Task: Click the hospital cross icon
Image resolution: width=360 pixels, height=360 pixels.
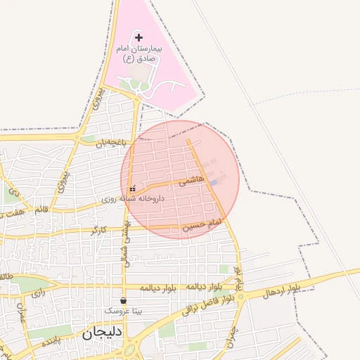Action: pyautogui.click(x=139, y=37)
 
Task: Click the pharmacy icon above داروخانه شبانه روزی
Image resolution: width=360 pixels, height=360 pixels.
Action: pyautogui.click(x=134, y=188)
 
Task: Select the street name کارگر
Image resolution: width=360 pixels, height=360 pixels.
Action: pyautogui.click(x=98, y=230)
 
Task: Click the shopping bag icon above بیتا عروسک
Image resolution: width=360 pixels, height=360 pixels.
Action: pyautogui.click(x=123, y=300)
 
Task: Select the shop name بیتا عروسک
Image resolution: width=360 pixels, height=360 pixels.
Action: pyautogui.click(x=123, y=310)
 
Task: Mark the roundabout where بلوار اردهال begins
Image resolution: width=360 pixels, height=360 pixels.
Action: pyautogui.click(x=241, y=295)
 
